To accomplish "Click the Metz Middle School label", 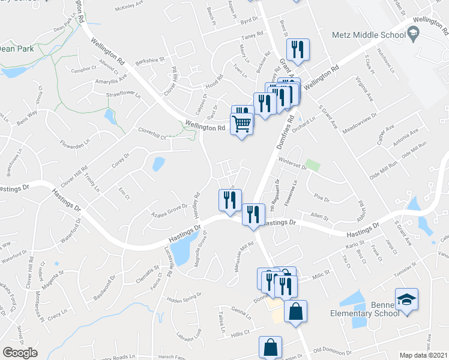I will tap(369, 35).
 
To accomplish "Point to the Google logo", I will tap(20, 352).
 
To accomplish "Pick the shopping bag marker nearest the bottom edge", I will tap(270, 347).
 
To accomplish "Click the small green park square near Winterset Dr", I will tap(310, 164).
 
